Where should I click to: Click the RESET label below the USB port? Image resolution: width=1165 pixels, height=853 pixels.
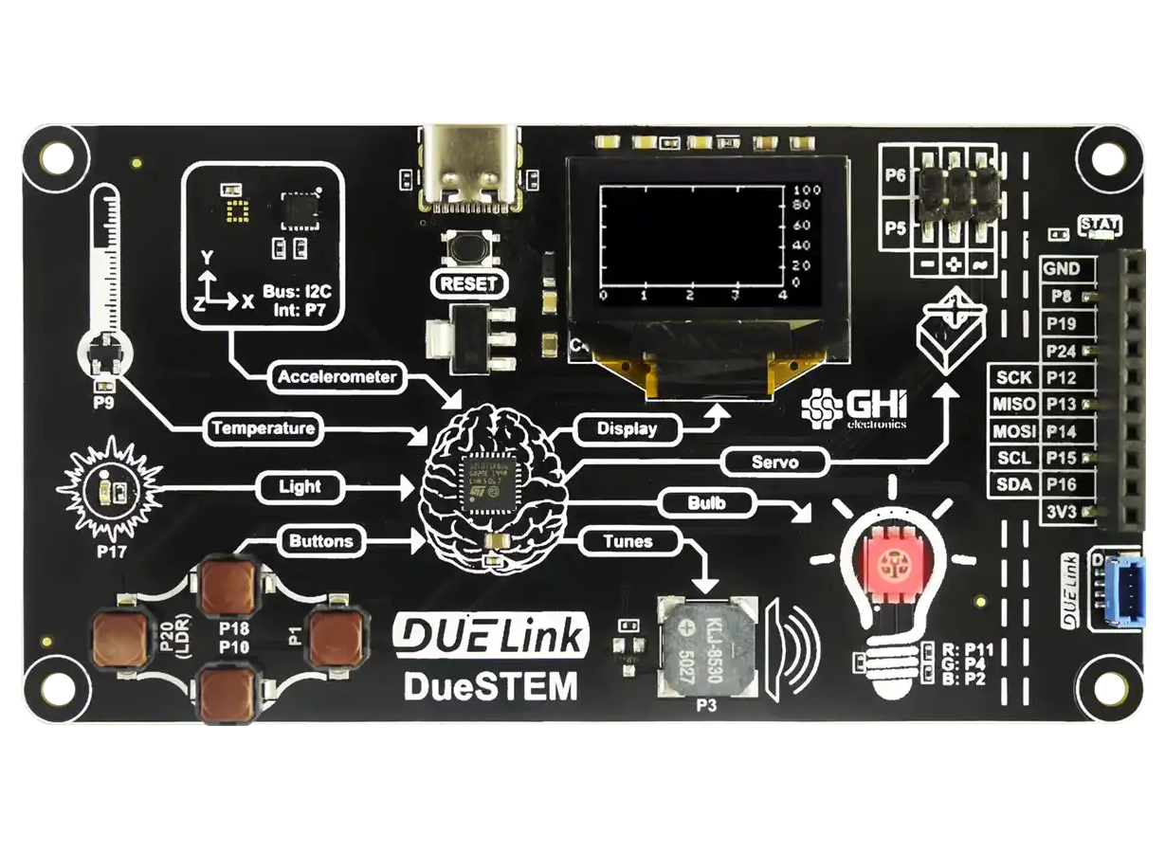click(467, 283)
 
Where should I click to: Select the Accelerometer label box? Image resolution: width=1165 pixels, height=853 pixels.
click(337, 377)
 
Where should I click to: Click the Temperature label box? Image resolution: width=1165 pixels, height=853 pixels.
click(263, 428)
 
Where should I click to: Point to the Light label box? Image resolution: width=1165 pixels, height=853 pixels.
click(300, 487)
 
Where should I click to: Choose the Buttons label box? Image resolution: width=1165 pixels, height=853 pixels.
click(320, 542)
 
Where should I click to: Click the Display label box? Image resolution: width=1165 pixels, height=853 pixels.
click(627, 428)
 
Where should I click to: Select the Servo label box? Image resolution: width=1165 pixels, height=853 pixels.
click(774, 463)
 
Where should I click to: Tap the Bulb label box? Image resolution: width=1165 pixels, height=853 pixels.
click(706, 503)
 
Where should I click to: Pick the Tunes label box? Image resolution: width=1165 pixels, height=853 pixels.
click(628, 542)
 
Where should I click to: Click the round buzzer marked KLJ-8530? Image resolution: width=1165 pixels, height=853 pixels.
click(709, 646)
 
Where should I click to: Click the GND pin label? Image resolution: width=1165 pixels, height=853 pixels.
click(1062, 269)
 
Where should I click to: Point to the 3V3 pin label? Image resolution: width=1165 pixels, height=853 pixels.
click(1062, 512)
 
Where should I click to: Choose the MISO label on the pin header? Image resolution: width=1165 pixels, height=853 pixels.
click(1013, 405)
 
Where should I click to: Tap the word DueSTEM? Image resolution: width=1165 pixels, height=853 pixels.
click(490, 685)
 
